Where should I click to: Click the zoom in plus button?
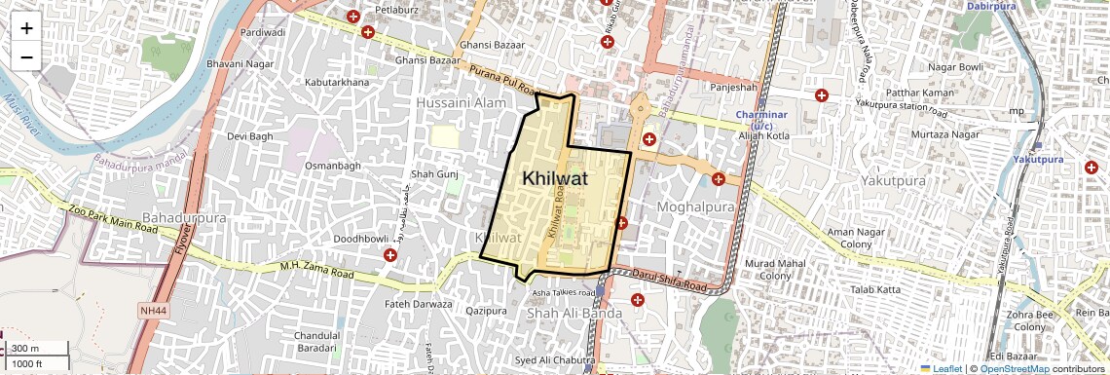click(x=26, y=28)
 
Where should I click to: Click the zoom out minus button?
click(x=26, y=57)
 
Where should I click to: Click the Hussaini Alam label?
click(x=456, y=102)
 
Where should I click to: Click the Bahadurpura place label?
click(x=179, y=215)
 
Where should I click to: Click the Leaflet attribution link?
click(x=942, y=369)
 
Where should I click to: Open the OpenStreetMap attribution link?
click(x=1014, y=369)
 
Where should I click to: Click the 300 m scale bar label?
click(x=26, y=349)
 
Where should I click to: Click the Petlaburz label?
click(x=383, y=10)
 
